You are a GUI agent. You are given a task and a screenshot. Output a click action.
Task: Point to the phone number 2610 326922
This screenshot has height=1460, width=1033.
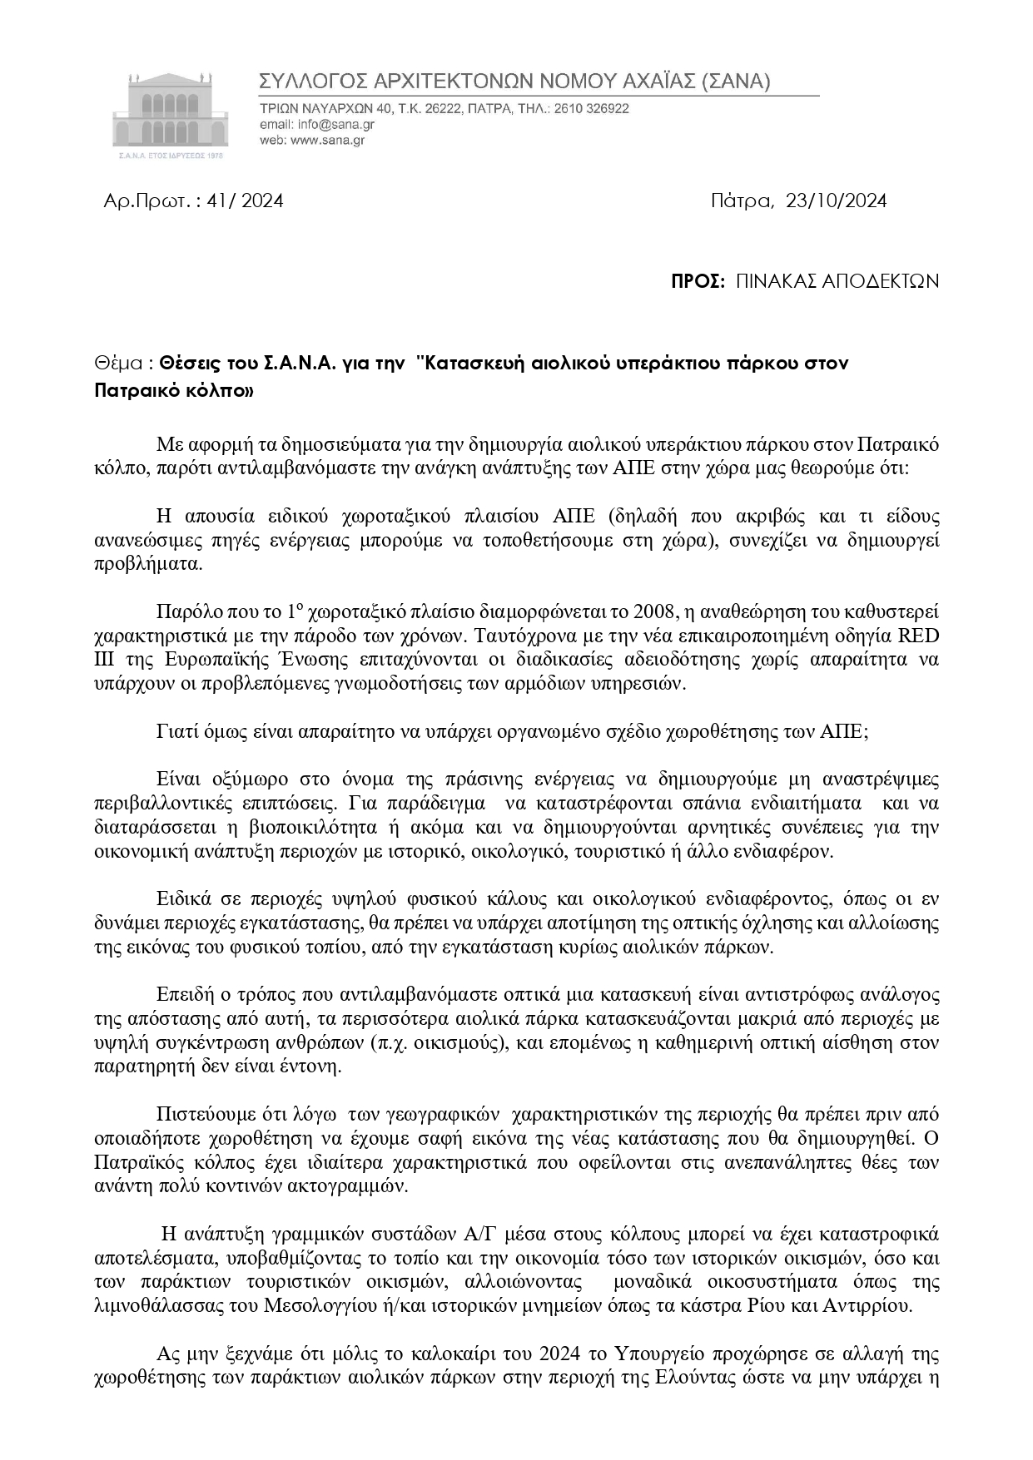[x=590, y=108]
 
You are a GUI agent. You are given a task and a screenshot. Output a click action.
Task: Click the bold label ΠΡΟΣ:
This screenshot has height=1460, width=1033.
[x=698, y=281]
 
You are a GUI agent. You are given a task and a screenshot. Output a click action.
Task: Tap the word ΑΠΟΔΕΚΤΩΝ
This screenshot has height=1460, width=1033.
[x=881, y=281]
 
